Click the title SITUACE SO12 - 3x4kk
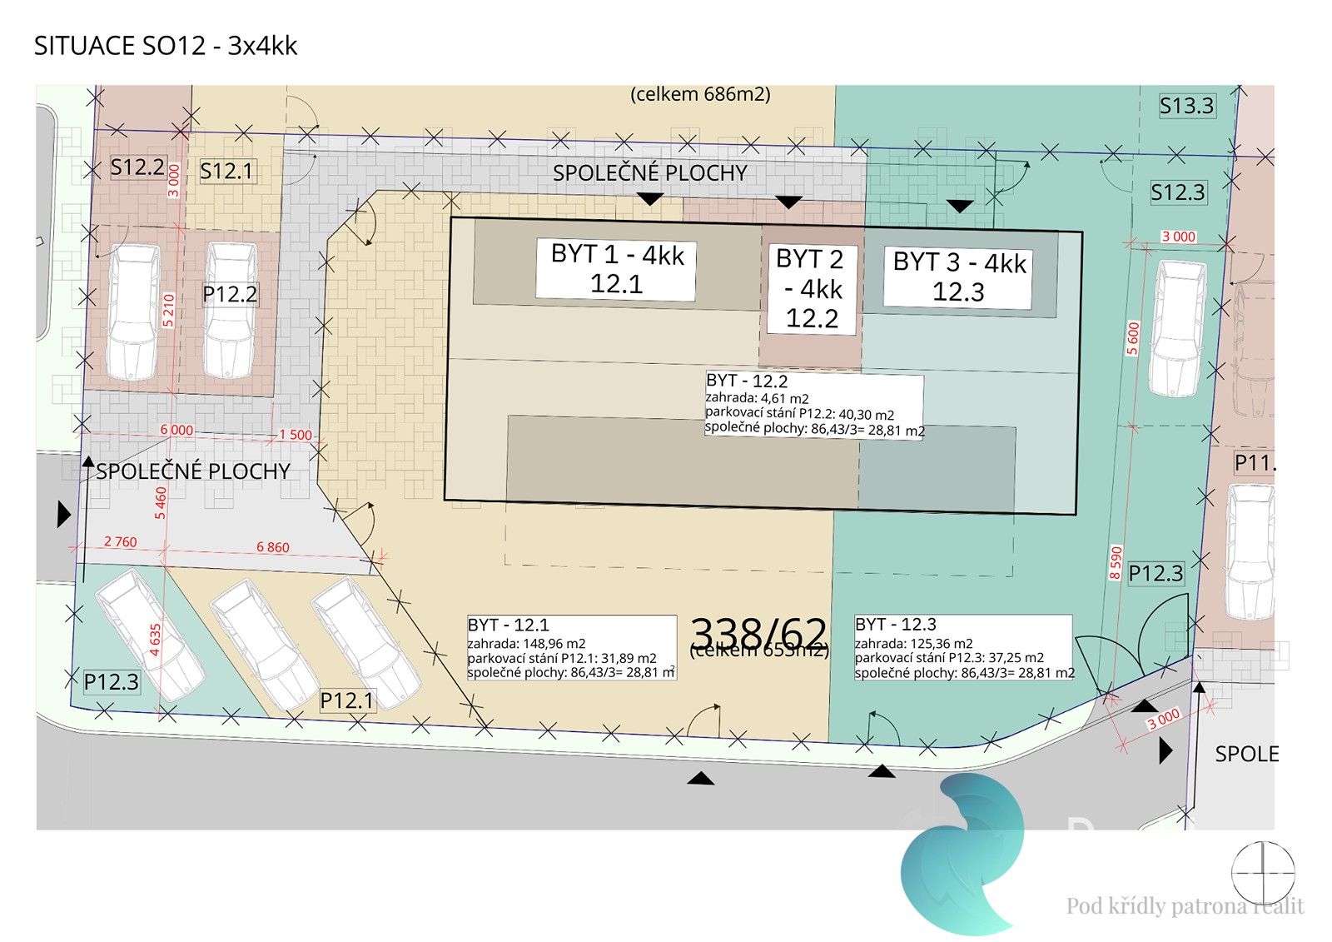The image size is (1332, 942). (165, 45)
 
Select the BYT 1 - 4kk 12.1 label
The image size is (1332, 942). (616, 269)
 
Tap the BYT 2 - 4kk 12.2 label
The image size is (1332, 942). (810, 289)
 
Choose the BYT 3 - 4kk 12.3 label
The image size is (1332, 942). (958, 278)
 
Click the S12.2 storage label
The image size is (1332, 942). (137, 167)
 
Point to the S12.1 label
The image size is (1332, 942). (226, 172)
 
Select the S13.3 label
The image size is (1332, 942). (1186, 106)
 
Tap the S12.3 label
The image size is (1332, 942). (1177, 192)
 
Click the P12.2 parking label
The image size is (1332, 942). (230, 294)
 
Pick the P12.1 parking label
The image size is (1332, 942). (347, 700)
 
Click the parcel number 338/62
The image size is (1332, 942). (759, 633)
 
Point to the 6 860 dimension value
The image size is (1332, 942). (273, 547)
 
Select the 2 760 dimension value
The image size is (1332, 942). (120, 541)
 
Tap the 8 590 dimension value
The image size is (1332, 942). (1116, 562)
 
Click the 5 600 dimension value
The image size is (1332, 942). (1132, 339)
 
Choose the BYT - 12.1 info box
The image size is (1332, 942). (571, 648)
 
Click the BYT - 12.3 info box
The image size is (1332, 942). (963, 648)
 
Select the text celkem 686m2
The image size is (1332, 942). (700, 94)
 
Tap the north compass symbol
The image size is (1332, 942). (1262, 872)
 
